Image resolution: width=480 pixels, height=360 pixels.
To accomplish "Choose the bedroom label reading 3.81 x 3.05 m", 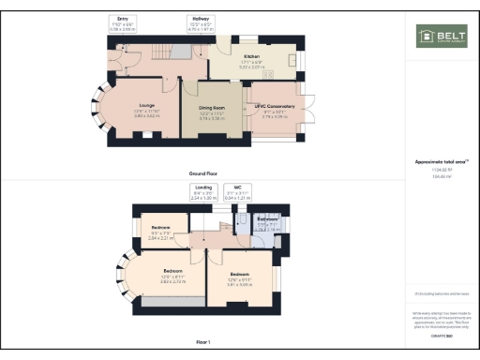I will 240,278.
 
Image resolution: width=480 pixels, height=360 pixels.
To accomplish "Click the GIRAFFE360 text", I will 441,335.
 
